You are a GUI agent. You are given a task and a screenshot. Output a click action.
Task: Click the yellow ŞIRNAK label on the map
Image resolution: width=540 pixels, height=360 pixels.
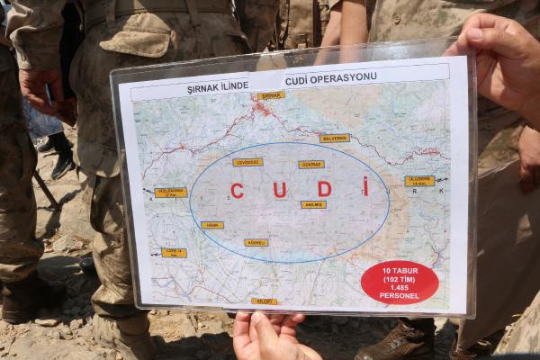point(271,94)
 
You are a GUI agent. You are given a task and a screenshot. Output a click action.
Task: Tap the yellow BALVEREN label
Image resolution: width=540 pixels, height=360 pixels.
point(334,139)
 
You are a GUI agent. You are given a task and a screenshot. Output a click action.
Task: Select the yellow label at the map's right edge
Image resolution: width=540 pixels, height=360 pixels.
point(419,181)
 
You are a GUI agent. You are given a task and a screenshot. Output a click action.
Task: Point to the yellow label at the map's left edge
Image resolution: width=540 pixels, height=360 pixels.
point(170,192)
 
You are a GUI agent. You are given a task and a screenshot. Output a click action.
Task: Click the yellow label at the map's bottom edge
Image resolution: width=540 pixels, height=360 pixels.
point(265,301)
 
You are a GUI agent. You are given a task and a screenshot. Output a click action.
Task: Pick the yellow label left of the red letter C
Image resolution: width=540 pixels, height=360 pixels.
point(212,225)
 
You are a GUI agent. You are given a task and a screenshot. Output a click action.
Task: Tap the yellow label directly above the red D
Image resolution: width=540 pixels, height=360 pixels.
point(311,165)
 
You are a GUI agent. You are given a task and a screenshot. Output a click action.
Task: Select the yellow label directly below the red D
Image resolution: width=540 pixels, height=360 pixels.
point(313,204)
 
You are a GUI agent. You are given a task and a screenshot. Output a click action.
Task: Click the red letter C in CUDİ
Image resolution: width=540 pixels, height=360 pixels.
point(237,191)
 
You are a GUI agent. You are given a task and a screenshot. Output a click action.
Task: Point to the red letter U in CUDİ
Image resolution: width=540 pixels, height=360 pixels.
point(279,190)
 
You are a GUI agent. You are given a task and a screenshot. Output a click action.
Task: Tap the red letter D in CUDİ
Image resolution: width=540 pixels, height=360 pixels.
point(324,189)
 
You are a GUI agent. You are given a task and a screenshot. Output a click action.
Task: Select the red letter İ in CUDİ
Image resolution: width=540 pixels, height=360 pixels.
point(365,186)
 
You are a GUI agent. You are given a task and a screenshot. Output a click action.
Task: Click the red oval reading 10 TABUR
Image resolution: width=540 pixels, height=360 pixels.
point(400,283)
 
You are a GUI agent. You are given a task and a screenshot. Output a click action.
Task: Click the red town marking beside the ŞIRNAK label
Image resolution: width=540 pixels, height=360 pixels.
point(261,108)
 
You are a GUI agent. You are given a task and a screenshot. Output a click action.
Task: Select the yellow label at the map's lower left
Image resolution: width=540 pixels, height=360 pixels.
point(174,253)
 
